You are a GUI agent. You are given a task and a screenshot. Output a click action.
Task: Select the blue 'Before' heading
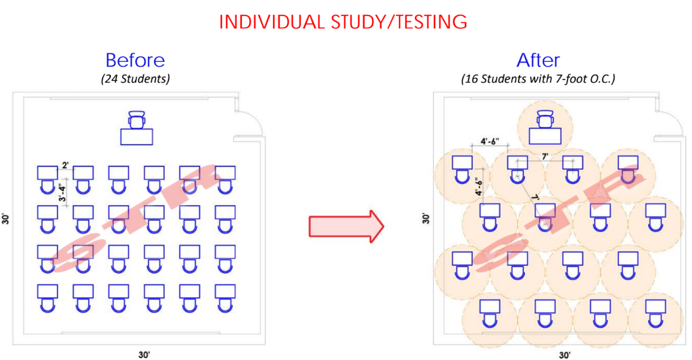135,61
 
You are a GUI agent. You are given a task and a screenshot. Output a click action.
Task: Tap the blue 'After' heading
538,61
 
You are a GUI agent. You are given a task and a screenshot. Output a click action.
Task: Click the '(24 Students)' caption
135,79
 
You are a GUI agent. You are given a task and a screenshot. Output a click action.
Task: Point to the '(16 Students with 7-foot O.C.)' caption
538,79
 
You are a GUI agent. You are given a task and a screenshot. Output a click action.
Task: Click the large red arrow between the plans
347,226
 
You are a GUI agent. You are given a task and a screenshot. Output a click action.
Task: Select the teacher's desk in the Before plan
137,136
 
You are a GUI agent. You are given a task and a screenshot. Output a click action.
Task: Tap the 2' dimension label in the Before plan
66,165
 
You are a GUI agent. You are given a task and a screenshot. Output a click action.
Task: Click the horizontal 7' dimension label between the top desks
544,157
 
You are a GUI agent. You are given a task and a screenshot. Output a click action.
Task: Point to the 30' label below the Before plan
145,354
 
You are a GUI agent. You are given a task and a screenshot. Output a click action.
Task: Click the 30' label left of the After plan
425,218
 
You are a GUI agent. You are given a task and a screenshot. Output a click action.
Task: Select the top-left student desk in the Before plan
47,172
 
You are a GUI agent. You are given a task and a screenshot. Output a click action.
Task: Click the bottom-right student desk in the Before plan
225,291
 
